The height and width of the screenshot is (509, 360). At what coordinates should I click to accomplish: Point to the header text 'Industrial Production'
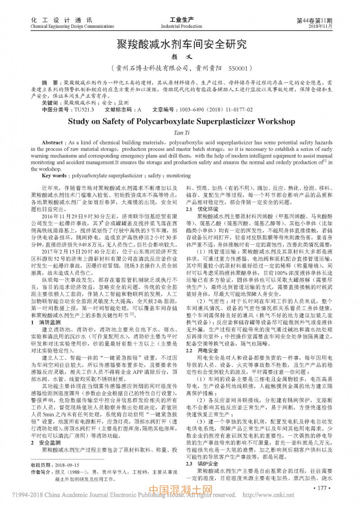click(x=181, y=27)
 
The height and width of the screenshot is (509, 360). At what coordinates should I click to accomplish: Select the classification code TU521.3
click(x=84, y=109)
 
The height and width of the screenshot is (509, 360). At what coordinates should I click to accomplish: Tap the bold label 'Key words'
click(x=56, y=175)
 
